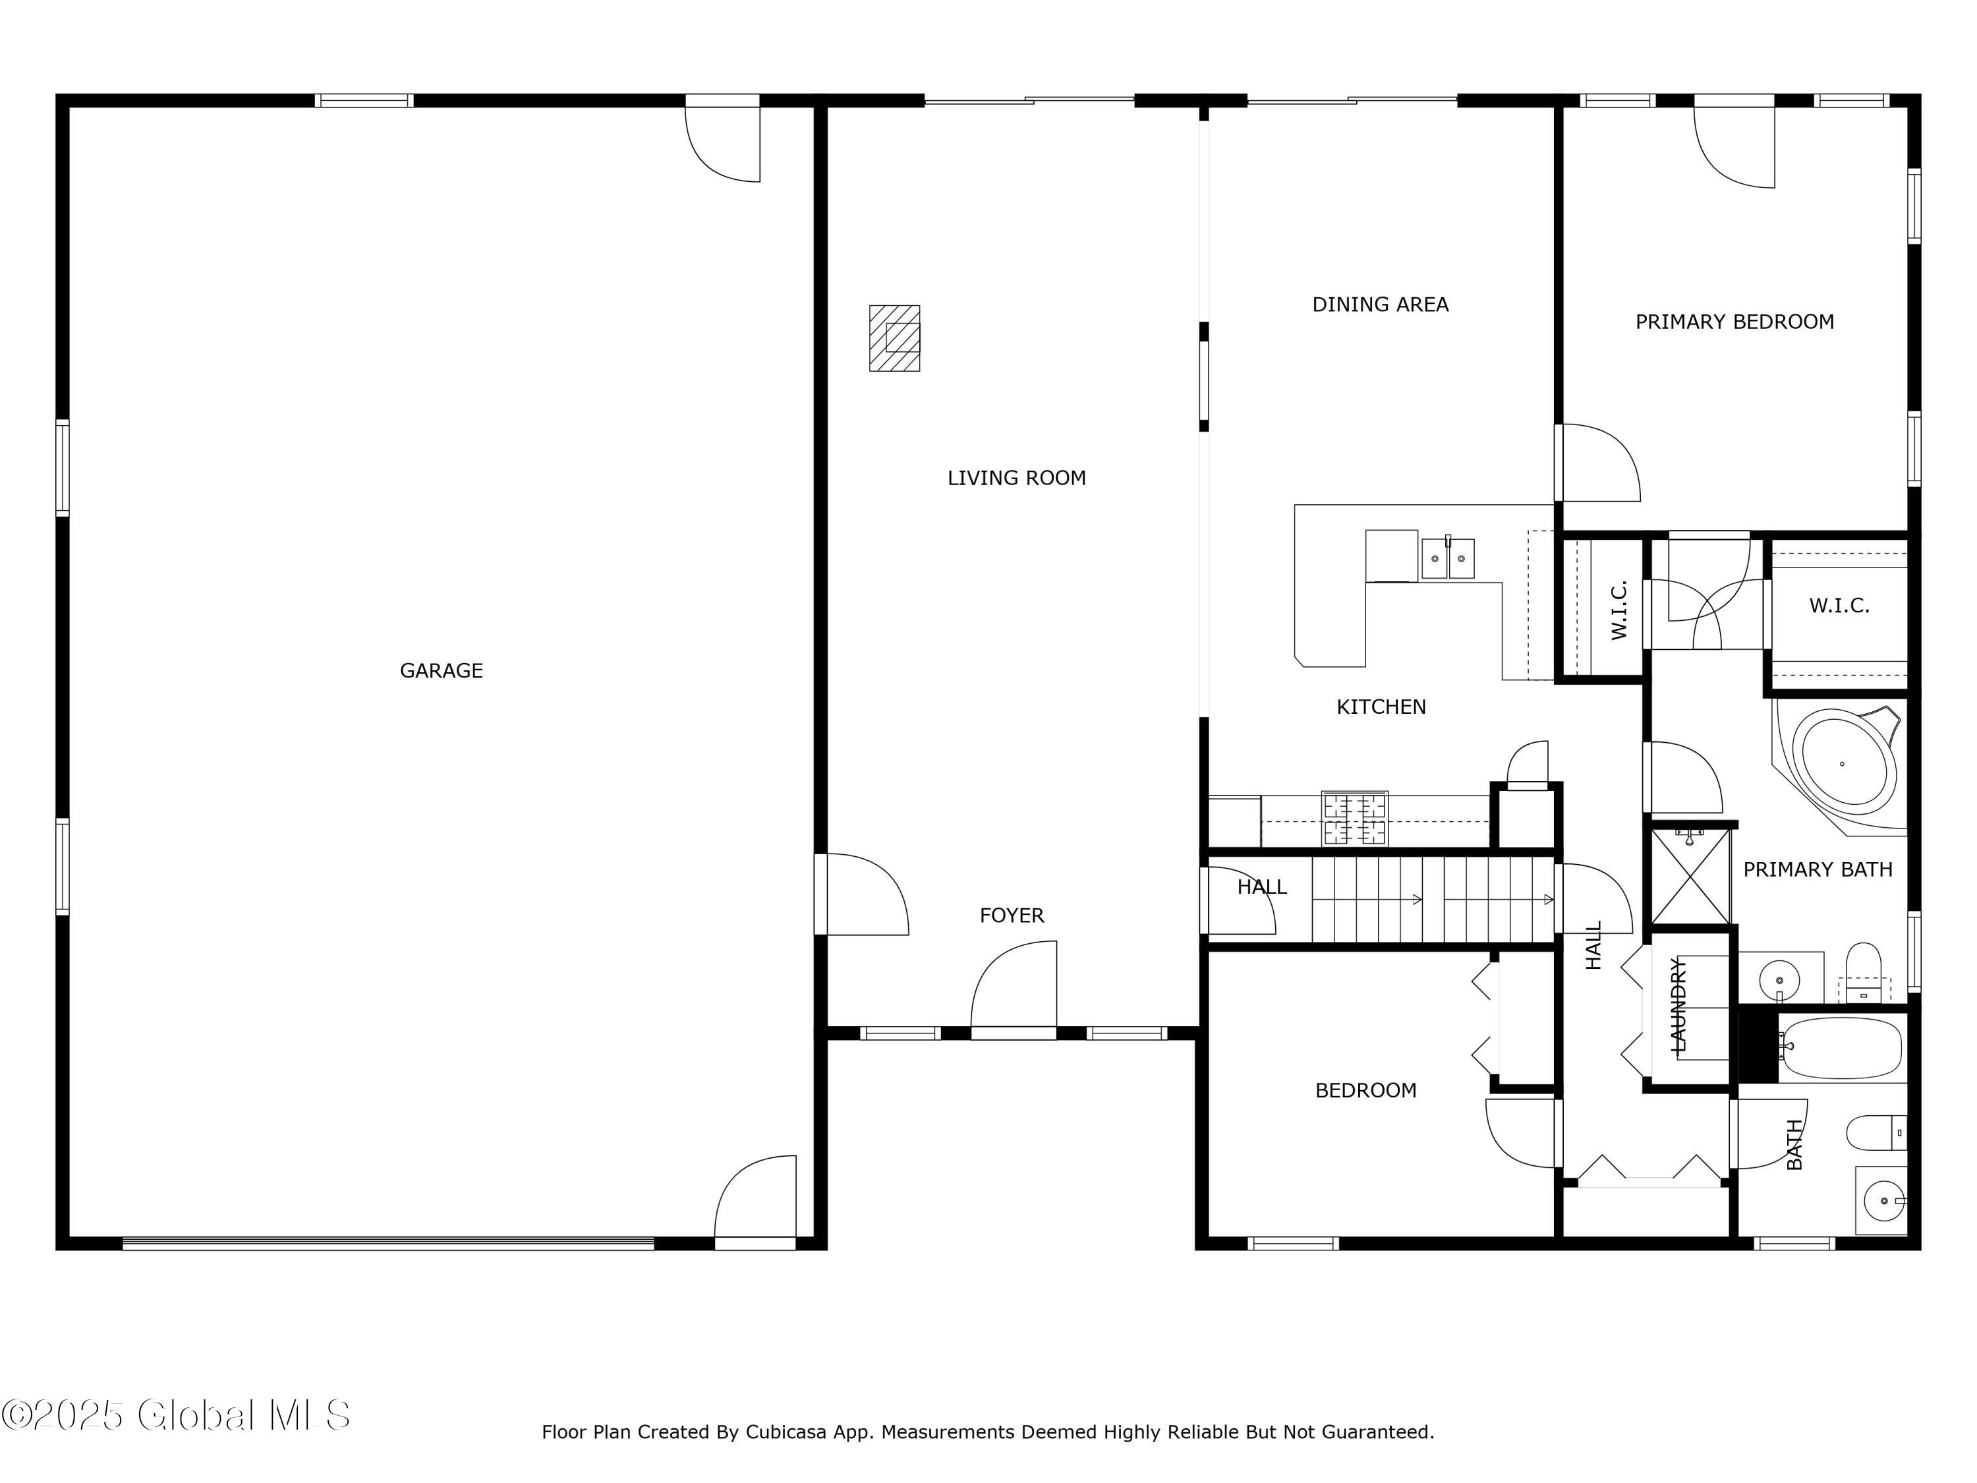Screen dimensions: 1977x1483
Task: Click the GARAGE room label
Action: click(441, 670)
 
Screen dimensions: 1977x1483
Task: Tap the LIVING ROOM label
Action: click(1016, 479)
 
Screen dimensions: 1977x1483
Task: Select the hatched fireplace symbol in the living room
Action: click(895, 338)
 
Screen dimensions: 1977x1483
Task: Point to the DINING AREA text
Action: click(1380, 305)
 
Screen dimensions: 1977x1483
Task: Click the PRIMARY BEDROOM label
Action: click(1734, 322)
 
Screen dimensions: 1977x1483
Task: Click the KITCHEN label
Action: click(1381, 707)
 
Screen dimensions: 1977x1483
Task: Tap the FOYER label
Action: click(1012, 916)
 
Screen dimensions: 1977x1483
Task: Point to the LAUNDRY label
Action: click(1678, 1004)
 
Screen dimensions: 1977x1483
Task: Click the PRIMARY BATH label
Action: click(1818, 870)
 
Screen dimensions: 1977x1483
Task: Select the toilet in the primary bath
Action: click(1864, 973)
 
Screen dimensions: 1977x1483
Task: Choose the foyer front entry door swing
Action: click(1014, 987)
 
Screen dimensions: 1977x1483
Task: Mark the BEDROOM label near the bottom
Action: click(1365, 1091)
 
